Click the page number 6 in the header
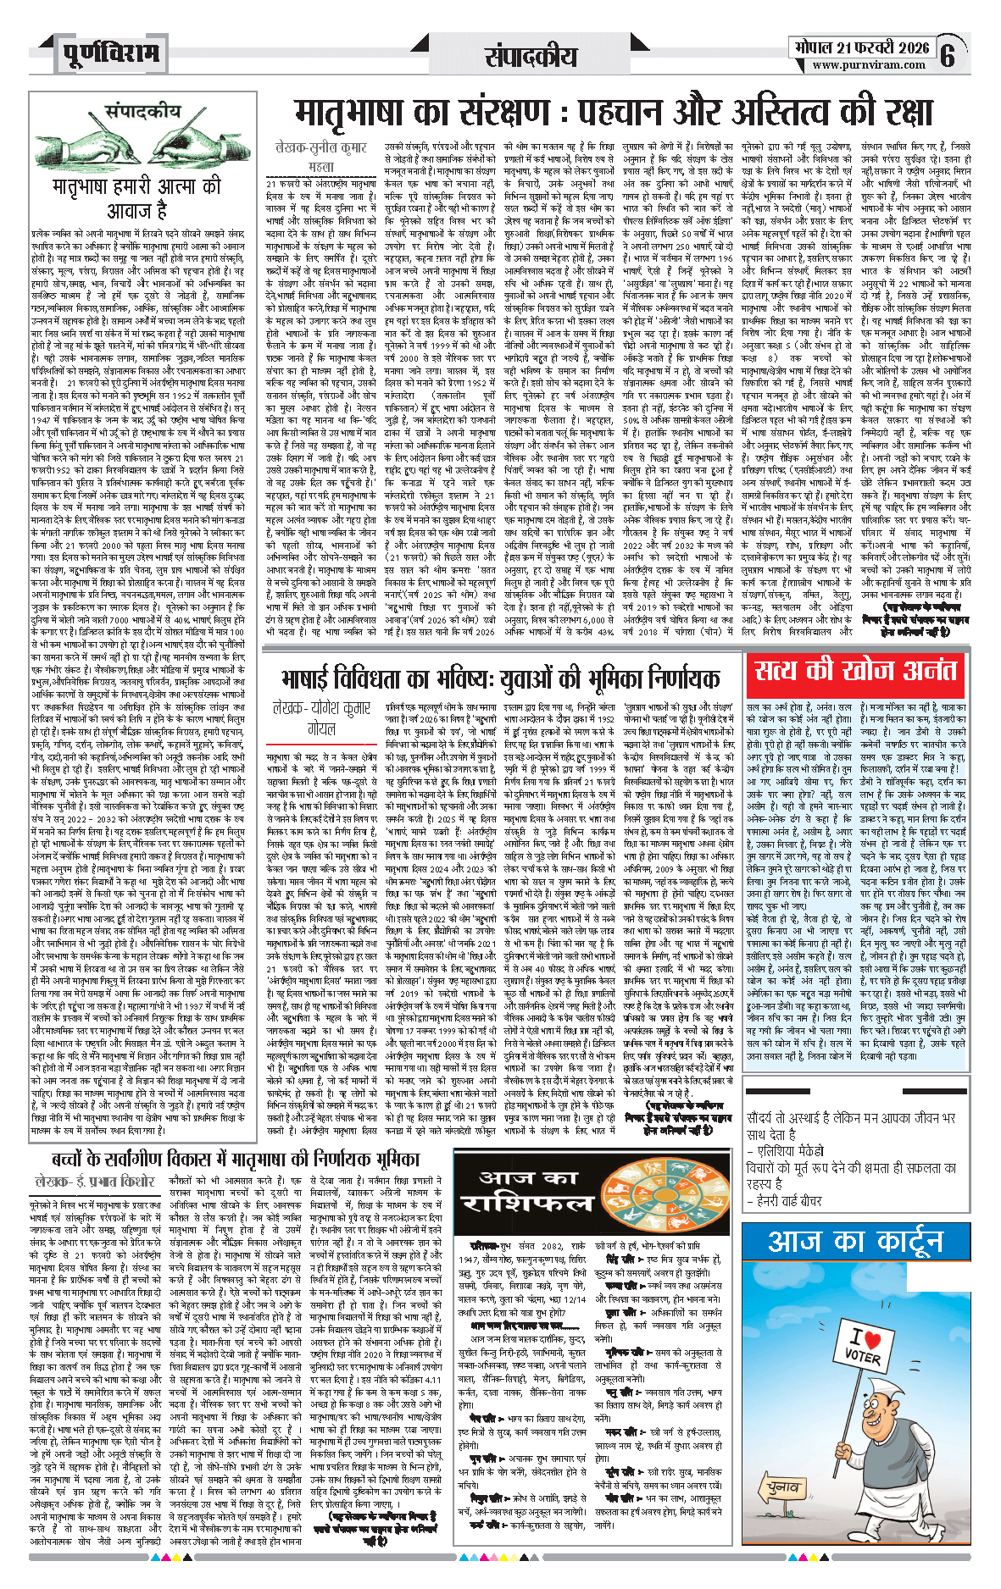[948, 56]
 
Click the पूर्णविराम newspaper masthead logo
[110, 55]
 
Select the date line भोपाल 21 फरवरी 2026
[861, 47]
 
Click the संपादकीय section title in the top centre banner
[531, 56]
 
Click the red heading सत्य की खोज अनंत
[855, 671]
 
